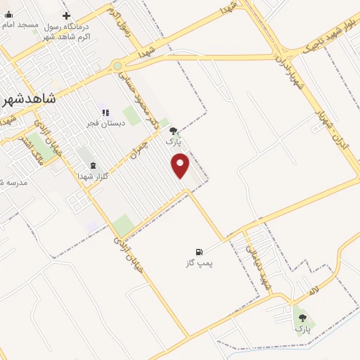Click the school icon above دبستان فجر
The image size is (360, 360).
(x=105, y=112)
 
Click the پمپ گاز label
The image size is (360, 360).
(x=199, y=263)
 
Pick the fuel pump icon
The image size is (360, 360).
(x=199, y=252)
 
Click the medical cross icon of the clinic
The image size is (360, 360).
(x=66, y=15)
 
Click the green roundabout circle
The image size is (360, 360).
(x=117, y=67)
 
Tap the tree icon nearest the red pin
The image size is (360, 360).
(x=173, y=131)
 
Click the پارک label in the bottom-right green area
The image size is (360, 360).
(x=302, y=328)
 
